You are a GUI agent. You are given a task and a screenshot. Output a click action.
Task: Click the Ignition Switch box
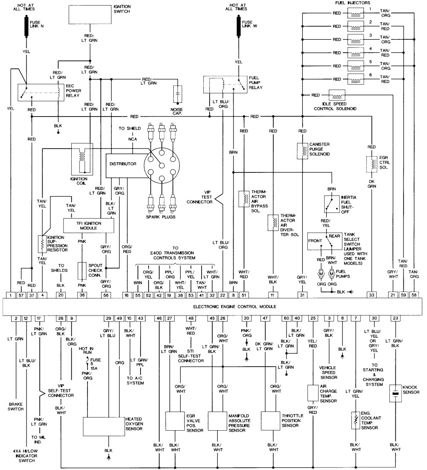(90, 15)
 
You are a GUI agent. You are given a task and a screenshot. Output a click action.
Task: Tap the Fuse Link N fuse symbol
(26, 26)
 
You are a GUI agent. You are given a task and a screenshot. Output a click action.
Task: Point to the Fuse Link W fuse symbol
(239, 26)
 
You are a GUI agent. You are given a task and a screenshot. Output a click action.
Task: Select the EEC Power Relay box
(41, 92)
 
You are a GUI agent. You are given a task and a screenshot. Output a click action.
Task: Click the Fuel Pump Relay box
(225, 85)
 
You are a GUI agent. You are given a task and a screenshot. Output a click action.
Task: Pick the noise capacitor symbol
(178, 94)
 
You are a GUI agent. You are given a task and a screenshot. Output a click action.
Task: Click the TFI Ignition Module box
(88, 225)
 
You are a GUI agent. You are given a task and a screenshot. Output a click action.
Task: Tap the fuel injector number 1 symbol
(356, 13)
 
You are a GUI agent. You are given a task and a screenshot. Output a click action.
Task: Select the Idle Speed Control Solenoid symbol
(337, 95)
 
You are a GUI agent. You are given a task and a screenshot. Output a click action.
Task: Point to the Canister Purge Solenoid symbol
(302, 151)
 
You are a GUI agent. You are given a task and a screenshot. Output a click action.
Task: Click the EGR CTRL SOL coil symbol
(371, 164)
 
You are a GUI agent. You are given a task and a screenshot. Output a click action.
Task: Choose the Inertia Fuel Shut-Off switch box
(332, 204)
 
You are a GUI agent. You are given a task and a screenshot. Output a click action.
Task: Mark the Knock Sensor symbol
(395, 393)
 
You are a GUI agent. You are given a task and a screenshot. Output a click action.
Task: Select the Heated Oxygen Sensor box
(104, 426)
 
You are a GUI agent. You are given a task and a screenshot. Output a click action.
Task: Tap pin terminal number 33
(371, 295)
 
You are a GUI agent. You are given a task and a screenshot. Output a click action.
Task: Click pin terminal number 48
(191, 318)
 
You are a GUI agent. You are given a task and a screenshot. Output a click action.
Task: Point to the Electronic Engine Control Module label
(234, 307)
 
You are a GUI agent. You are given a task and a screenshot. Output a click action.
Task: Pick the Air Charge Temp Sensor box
(313, 393)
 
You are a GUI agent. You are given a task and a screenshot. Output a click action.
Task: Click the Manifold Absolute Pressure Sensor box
(217, 421)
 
